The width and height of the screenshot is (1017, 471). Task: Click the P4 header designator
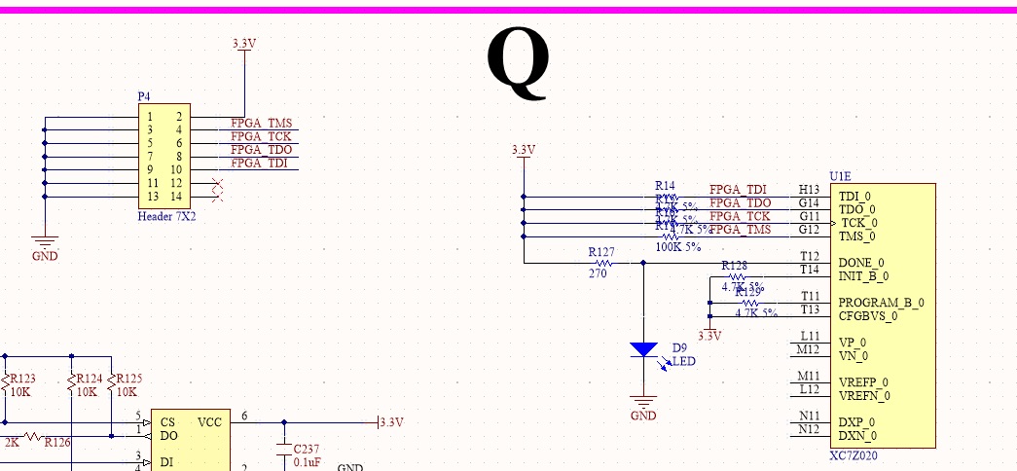tap(144, 96)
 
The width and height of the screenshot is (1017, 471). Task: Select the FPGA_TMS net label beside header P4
tap(261, 124)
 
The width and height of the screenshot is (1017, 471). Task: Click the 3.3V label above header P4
tap(244, 44)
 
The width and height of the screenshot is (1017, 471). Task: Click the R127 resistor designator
tap(602, 251)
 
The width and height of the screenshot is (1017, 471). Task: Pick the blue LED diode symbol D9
tap(643, 349)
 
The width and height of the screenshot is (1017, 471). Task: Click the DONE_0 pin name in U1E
tap(861, 263)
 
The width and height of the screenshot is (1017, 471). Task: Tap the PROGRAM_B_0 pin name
tap(882, 303)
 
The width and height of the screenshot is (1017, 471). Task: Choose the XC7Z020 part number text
tap(854, 455)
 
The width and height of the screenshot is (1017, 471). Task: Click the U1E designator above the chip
tap(840, 176)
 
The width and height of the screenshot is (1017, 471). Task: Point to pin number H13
tap(809, 189)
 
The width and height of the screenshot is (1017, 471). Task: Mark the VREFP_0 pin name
tap(864, 382)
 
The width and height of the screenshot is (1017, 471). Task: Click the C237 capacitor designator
tap(307, 449)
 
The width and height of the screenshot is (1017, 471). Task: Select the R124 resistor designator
tap(88, 379)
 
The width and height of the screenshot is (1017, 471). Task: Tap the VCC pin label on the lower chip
tap(209, 422)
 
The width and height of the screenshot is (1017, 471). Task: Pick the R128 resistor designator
tap(734, 266)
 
